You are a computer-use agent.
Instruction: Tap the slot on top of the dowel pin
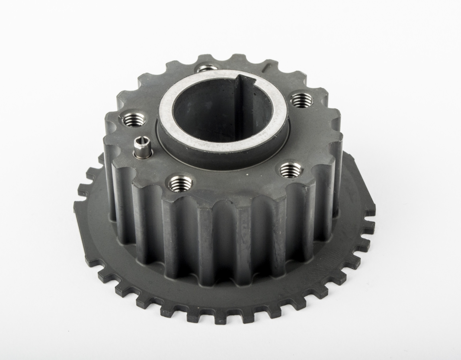(x=142, y=140)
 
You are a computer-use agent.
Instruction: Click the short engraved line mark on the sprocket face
(x=267, y=68)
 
